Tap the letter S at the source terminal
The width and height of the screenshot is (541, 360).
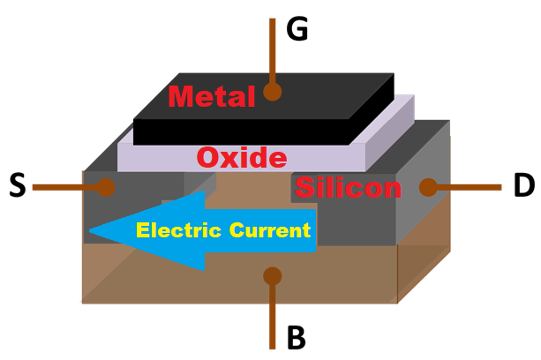tap(17, 186)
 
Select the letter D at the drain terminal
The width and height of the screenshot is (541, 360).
tap(523, 186)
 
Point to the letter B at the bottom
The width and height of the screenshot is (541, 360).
tap(297, 336)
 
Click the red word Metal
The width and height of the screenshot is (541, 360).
tap(211, 95)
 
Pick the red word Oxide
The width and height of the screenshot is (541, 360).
tap(241, 158)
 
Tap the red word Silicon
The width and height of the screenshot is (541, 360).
tap(348, 187)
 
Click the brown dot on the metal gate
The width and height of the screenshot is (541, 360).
tap(272, 90)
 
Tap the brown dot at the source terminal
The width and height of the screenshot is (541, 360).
tap(107, 187)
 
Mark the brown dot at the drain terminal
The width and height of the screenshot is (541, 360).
tap(427, 187)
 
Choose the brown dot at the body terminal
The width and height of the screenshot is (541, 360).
tap(273, 276)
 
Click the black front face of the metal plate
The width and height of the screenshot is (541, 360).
tap(238, 133)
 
